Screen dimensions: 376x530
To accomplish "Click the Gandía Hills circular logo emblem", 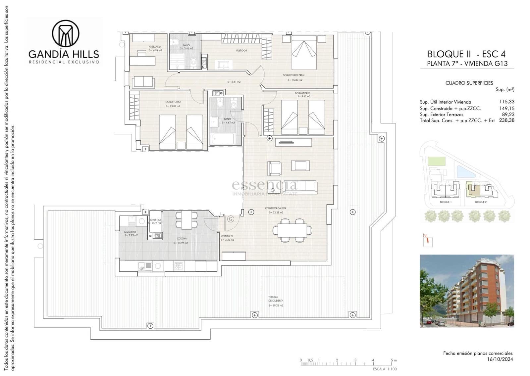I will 66,33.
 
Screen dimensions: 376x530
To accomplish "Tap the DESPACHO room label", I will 155,47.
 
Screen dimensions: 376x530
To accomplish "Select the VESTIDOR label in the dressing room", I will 241,51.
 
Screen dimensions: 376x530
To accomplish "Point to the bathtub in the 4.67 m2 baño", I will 222,138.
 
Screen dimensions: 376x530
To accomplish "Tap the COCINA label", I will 182,238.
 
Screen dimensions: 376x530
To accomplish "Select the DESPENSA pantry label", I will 155,220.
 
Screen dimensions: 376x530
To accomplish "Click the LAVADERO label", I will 130,232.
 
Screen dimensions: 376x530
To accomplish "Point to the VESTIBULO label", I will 227,236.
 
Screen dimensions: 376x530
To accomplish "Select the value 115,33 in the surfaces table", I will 506,102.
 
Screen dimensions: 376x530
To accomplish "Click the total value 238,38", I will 506,120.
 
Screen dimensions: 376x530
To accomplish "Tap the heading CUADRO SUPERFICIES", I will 469,83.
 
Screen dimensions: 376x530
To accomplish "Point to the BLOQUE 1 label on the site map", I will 445,202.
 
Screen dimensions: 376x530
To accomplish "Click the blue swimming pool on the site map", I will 465,172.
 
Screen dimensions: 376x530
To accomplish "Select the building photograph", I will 466,291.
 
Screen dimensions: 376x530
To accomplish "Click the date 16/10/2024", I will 500,359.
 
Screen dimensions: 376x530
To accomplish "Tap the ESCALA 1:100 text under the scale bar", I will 384,369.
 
